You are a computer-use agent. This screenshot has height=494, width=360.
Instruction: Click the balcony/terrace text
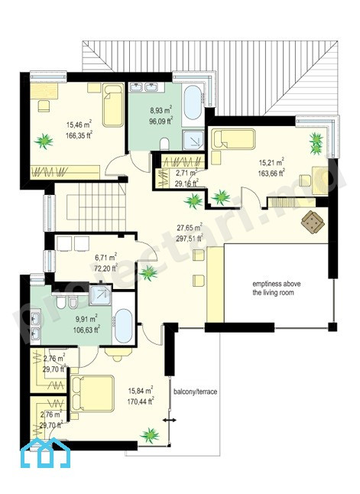coord(195,392)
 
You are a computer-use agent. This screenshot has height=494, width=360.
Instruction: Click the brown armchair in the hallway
coord(313,222)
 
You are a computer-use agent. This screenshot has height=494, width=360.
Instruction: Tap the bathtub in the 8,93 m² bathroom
coord(193,103)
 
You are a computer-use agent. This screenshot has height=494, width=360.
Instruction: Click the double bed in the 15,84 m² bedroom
coord(92,394)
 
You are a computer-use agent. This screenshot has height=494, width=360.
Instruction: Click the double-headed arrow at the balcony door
coord(170,420)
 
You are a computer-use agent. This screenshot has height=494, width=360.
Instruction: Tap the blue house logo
coord(45,453)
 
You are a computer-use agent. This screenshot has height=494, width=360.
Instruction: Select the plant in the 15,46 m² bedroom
coord(44,141)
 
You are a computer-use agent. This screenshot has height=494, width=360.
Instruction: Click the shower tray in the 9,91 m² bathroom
coord(100,295)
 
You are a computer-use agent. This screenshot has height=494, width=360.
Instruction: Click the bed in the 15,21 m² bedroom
coord(233,139)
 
